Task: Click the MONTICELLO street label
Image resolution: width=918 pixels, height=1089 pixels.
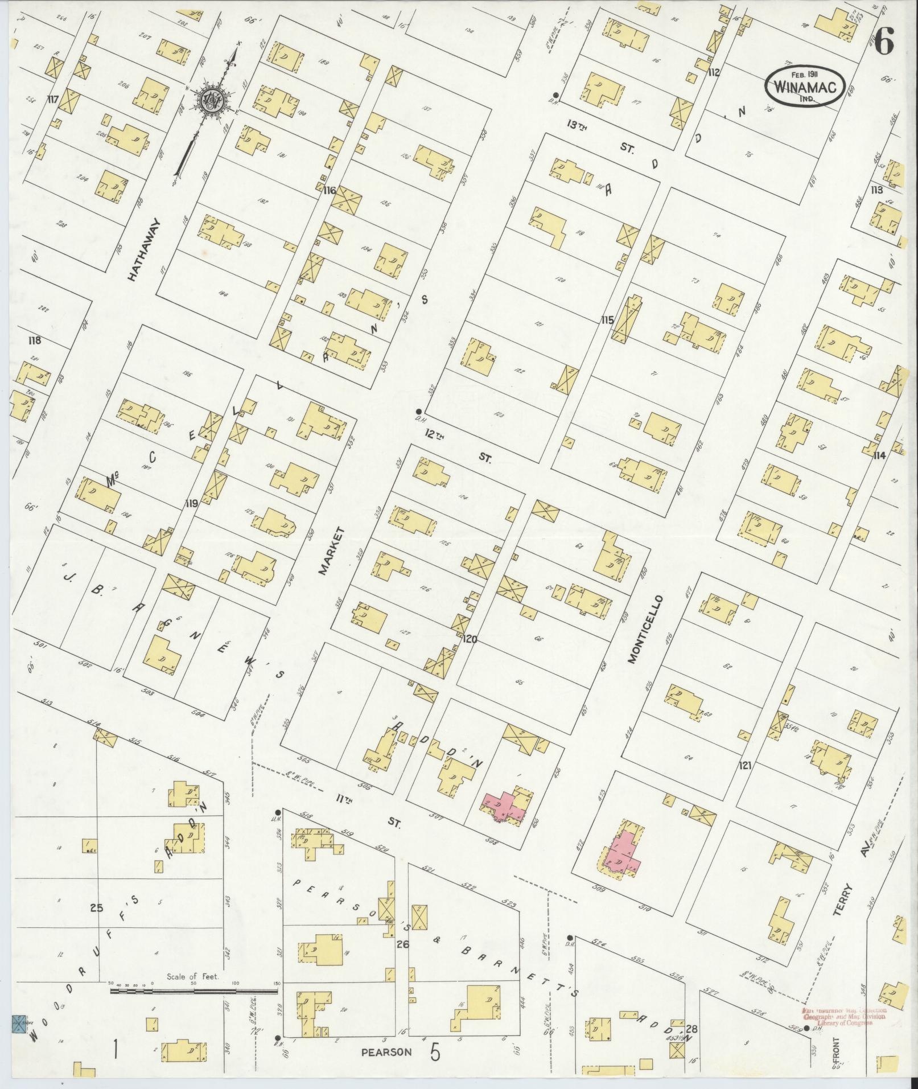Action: point(645,630)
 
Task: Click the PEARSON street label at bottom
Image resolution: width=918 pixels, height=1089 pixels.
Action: point(386,1053)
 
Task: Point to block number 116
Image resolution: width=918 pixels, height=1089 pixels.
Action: point(330,191)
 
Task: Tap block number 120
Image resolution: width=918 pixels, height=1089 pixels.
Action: point(470,639)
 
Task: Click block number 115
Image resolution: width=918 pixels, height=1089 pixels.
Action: point(607,320)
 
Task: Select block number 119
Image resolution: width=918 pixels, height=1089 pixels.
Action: point(191,503)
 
